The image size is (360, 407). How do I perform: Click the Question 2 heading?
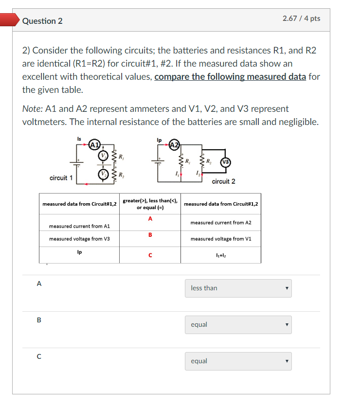click(42, 21)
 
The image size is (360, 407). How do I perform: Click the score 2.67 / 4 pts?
click(301, 18)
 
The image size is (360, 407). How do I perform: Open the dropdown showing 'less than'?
click(238, 288)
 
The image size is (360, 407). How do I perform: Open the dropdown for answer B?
click(238, 325)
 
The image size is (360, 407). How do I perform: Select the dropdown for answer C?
click(238, 361)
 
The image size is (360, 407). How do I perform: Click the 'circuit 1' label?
click(61, 178)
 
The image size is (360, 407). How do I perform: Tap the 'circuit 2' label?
click(223, 181)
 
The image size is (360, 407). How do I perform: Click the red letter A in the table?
click(150, 219)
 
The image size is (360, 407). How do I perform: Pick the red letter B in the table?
click(150, 235)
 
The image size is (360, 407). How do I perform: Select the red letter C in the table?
click(150, 255)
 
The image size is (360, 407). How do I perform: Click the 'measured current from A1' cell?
click(79, 226)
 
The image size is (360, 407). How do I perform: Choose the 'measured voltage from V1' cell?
click(221, 239)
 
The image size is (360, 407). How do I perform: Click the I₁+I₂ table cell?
click(221, 255)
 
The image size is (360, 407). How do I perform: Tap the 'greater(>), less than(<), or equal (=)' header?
click(150, 204)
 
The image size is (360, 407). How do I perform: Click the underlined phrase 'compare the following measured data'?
click(230, 77)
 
